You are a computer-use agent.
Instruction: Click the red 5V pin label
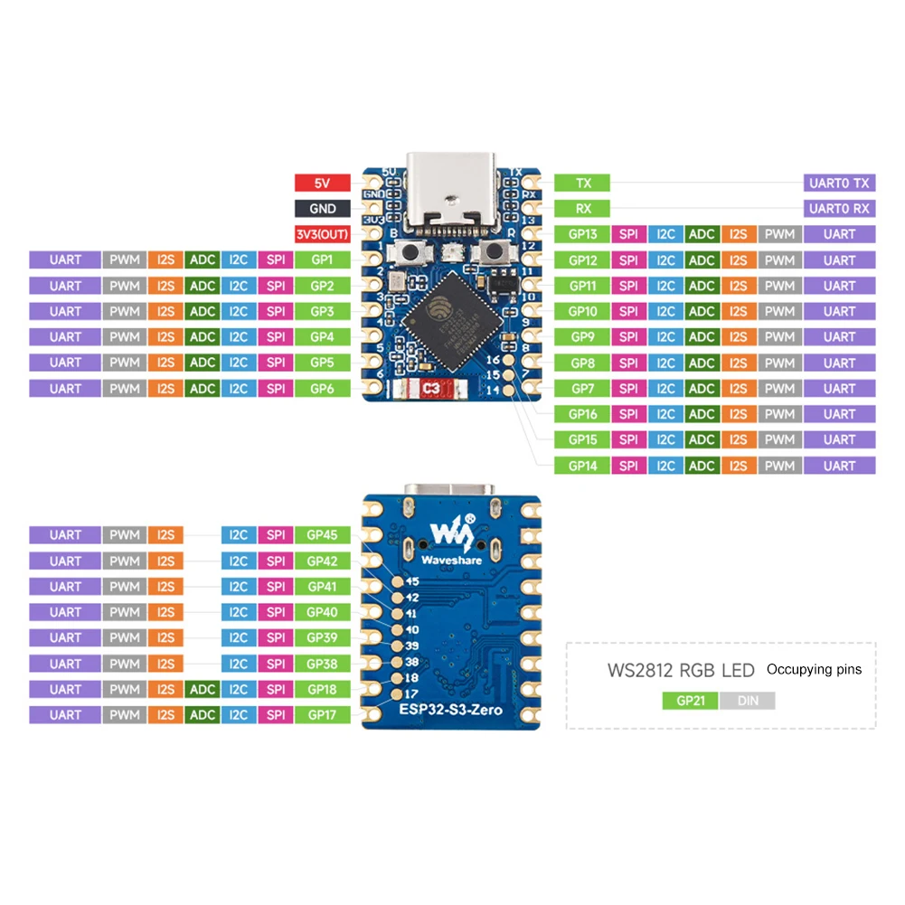322,183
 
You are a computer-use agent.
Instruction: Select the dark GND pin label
322,208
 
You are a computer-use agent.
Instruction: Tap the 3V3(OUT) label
322,234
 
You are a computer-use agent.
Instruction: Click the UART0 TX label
839,183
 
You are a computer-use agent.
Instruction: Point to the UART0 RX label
839,208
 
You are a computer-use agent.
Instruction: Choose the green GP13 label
582,234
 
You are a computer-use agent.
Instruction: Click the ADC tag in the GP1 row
203,260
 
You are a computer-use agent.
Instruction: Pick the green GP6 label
322,389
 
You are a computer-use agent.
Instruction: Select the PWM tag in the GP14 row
778,466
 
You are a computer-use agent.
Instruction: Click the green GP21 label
690,701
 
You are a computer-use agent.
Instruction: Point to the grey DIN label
748,701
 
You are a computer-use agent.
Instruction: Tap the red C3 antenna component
432,390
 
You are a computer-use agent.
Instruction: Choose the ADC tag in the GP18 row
203,690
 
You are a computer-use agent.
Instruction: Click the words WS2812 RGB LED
681,671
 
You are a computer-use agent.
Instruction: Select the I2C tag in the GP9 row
665,337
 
